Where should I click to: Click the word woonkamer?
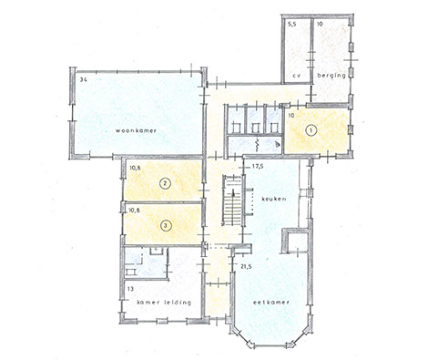[136, 130]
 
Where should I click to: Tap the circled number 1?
[311, 130]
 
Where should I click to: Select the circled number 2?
[166, 183]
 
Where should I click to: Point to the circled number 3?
[166, 226]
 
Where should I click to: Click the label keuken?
[274, 200]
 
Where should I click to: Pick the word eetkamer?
[271, 303]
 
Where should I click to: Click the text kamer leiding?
[164, 303]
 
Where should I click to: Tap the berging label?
[331, 76]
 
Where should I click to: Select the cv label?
[296, 76]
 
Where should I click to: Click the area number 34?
[84, 80]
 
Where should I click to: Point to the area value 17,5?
[258, 167]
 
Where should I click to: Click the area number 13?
[130, 289]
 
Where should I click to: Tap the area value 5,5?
[291, 25]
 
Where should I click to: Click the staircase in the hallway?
[232, 201]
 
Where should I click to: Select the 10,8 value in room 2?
[134, 168]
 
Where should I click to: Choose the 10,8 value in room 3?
[134, 210]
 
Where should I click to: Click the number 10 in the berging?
[320, 25]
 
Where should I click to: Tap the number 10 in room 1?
[291, 116]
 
